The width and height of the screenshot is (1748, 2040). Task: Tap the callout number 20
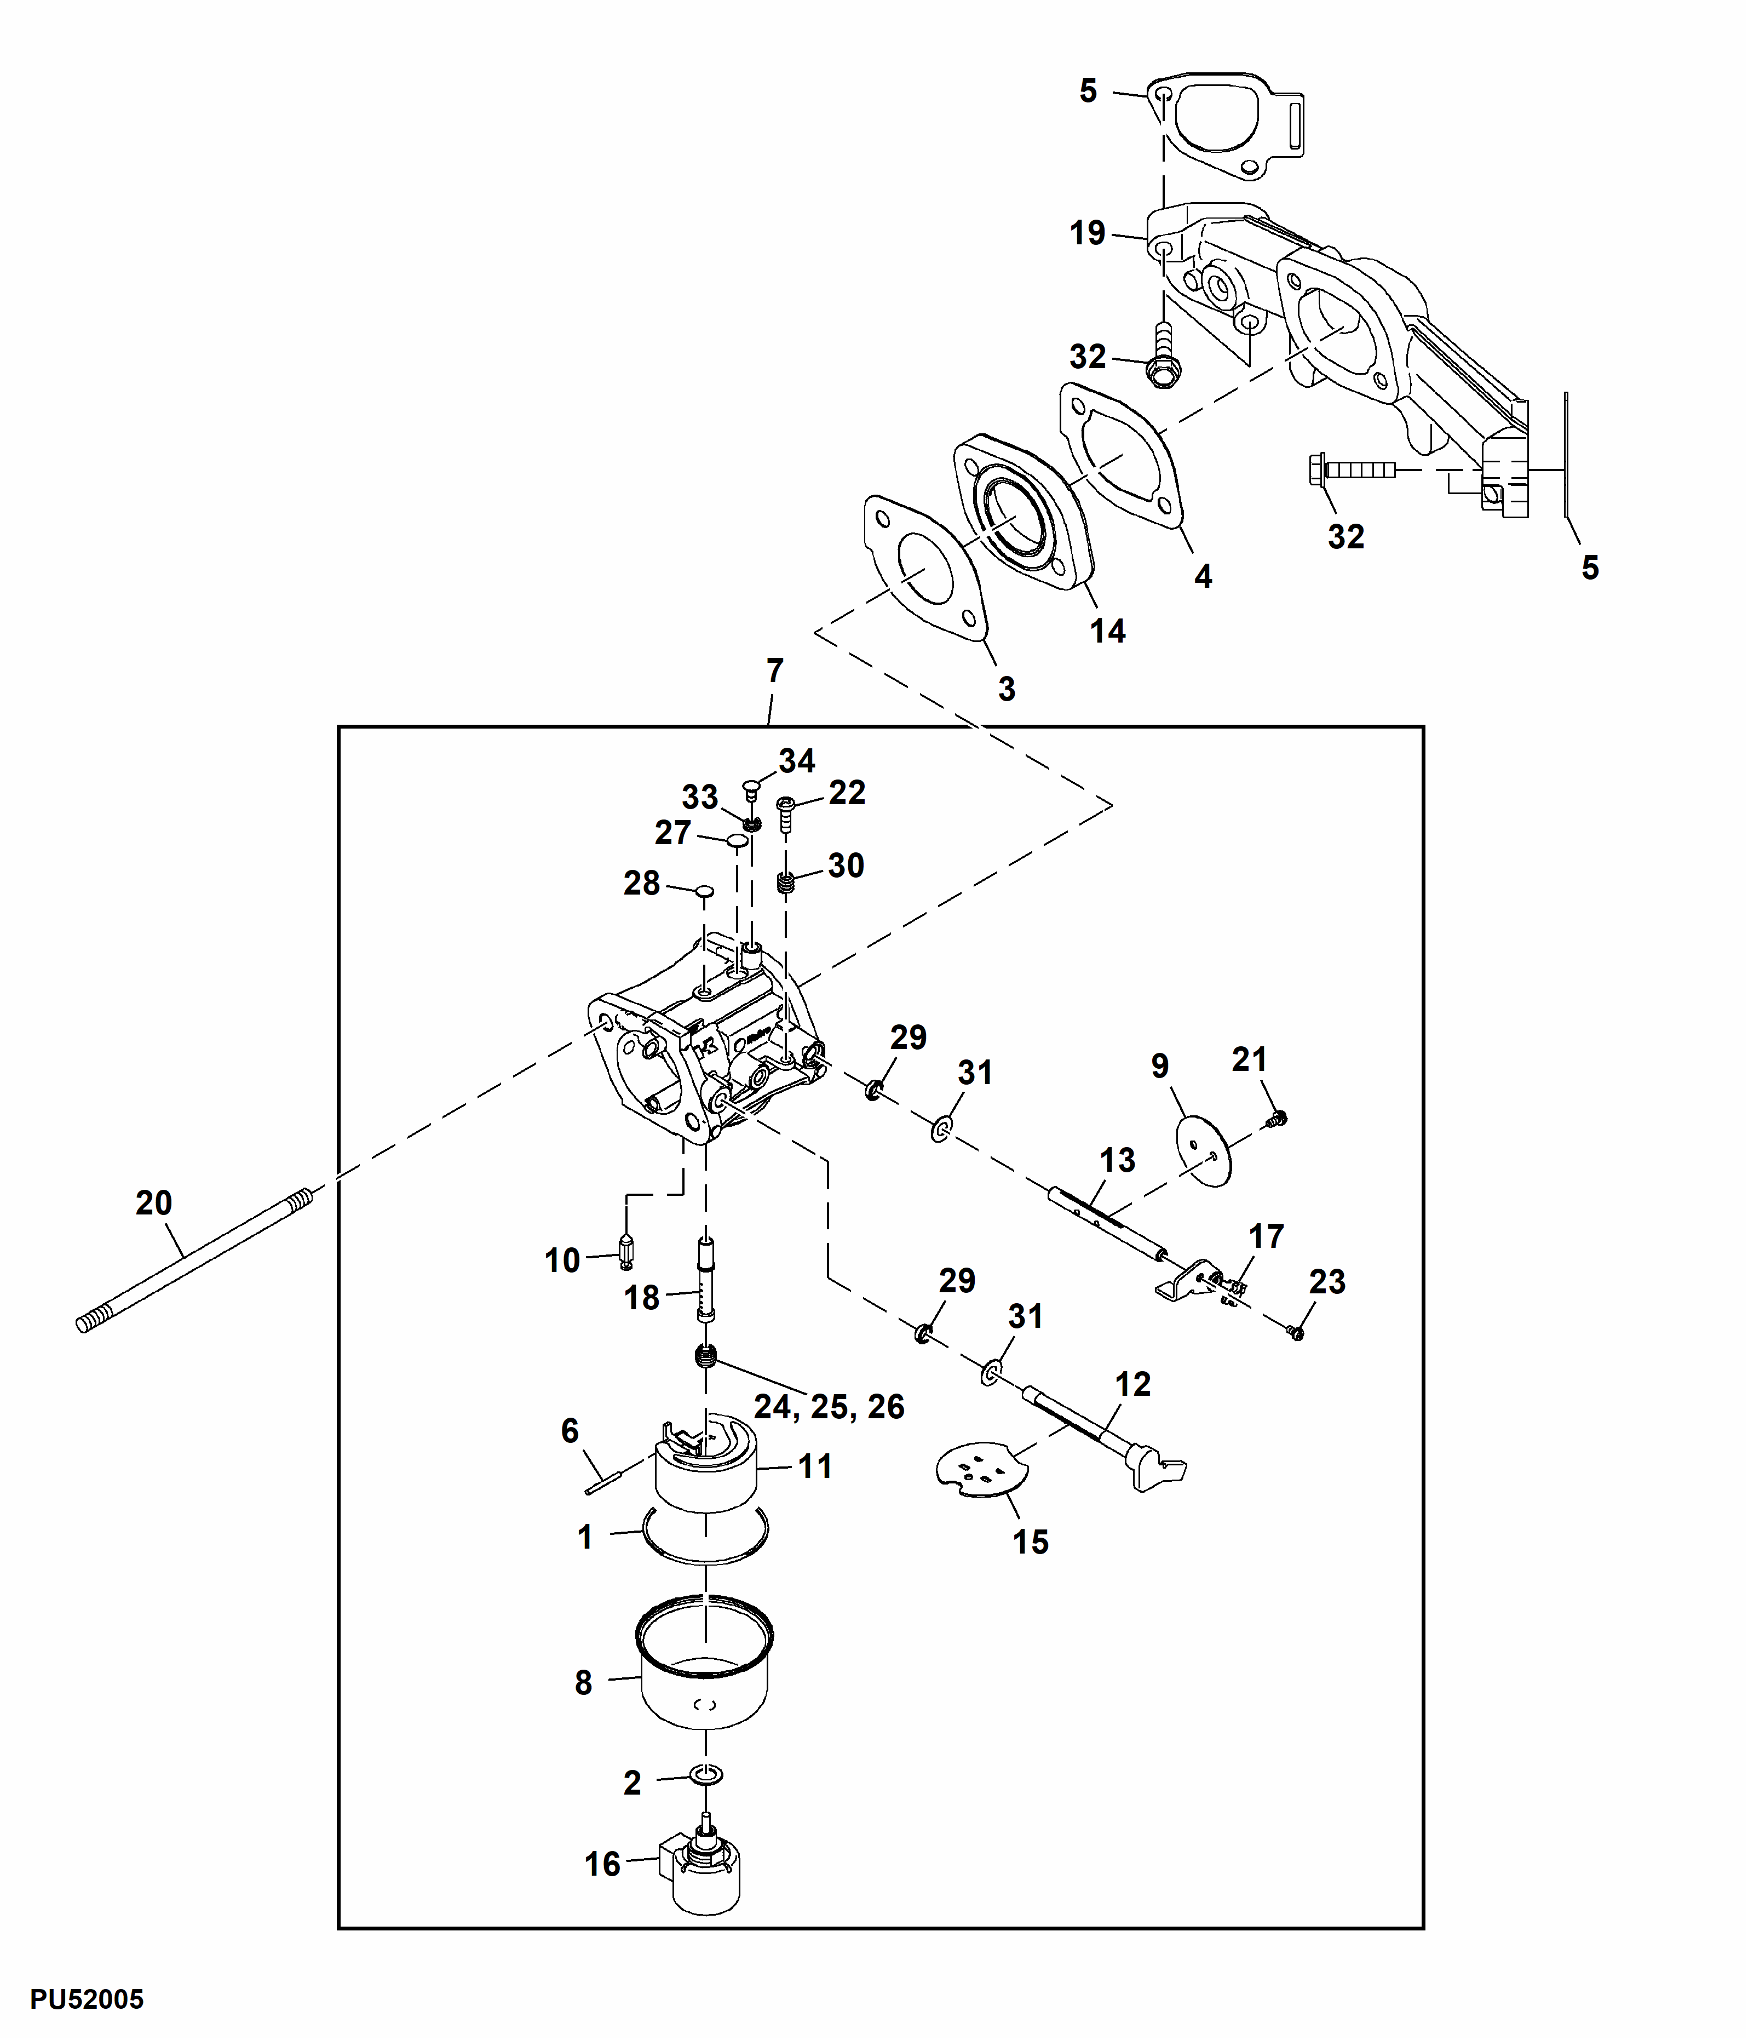(153, 1202)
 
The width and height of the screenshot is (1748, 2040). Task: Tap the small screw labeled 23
(1295, 1332)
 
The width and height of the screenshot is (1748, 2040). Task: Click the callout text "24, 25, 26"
(829, 1406)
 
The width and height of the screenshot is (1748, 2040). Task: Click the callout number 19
(1088, 233)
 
